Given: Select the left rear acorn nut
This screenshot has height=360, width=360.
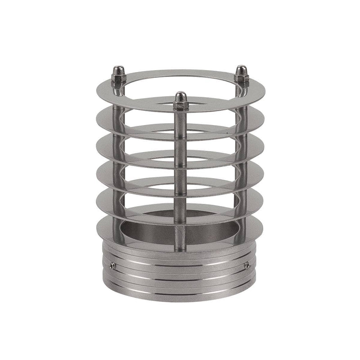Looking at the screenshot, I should (x=119, y=73).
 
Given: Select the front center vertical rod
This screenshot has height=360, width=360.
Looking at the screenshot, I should (x=180, y=180).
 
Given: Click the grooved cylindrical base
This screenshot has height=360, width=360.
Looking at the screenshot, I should (x=180, y=279).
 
